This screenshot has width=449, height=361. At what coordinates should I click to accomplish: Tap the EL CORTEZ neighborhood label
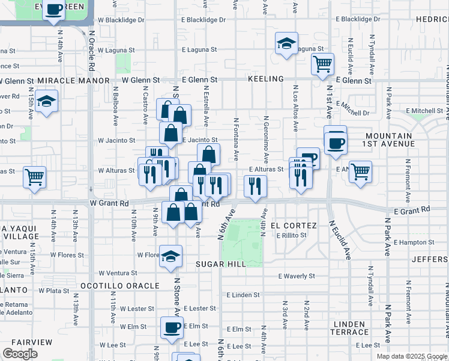click(294, 225)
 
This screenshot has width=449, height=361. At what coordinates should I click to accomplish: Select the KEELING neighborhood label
click(265, 79)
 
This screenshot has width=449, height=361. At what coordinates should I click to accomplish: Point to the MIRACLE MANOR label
click(73, 80)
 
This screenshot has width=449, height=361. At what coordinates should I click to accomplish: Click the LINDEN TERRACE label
click(348, 328)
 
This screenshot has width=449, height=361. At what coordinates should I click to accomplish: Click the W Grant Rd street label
click(110, 203)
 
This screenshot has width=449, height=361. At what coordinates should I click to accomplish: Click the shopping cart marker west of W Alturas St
click(35, 177)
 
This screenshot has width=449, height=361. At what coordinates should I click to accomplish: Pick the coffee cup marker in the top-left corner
click(55, 10)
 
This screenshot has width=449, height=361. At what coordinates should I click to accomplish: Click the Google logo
click(20, 354)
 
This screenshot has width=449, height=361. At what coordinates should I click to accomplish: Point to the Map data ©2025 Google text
click(412, 356)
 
